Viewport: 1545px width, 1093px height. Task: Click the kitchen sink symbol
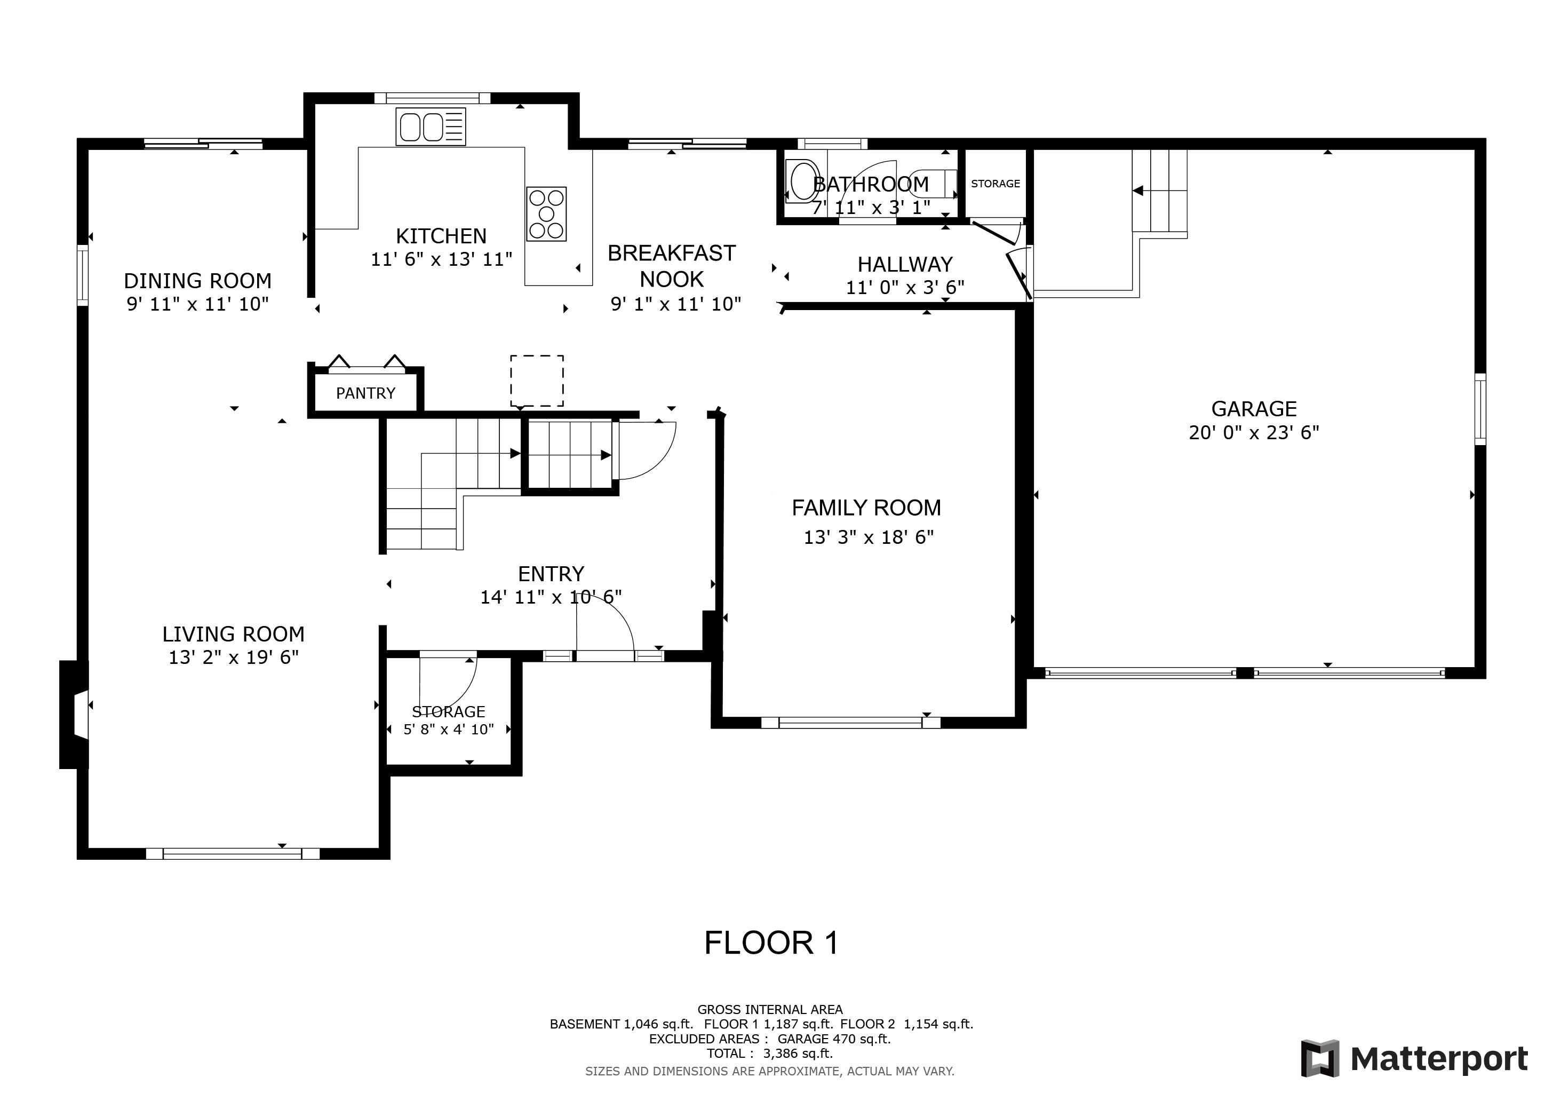pos(431,126)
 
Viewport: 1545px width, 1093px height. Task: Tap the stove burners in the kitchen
pos(546,214)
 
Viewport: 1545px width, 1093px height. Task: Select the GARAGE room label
pos(1254,408)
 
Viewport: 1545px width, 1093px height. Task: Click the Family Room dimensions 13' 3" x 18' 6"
pos(869,537)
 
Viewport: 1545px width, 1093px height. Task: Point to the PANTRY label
pos(365,393)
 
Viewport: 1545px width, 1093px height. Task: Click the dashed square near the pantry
pos(536,381)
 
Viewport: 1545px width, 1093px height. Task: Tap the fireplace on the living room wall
pos(74,715)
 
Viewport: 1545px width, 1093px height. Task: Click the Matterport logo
pos(1414,1059)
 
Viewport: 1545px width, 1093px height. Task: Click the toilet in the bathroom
pos(931,184)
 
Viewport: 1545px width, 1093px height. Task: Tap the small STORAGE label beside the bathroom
pos(995,184)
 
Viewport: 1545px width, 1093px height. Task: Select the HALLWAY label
pos(905,264)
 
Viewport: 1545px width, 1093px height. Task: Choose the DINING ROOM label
pos(197,280)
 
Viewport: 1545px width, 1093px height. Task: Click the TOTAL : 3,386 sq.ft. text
pos(769,1054)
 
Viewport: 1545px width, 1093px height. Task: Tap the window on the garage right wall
pos(1480,408)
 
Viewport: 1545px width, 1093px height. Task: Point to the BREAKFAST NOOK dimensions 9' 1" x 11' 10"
pos(675,304)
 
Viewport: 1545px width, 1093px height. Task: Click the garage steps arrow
pos(1138,191)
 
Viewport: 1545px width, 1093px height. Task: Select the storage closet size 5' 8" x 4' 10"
pos(448,730)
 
